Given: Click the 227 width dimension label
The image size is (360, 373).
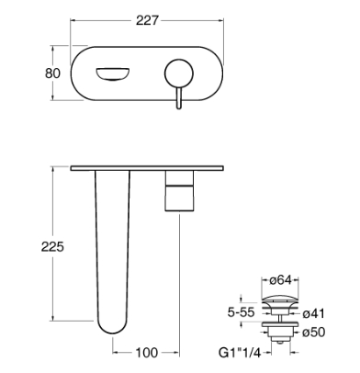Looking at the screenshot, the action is click(147, 20).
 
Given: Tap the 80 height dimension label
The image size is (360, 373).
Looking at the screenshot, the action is click(52, 73).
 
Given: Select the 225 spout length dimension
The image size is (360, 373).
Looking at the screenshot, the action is click(52, 246).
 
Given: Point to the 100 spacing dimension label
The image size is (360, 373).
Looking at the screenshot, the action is click(147, 353).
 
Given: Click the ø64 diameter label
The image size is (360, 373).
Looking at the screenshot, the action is click(280, 280).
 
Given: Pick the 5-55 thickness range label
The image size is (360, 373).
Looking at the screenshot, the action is click(242, 312).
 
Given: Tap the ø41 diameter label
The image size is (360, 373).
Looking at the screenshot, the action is click(313, 313).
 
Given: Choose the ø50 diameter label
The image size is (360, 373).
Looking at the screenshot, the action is click(313, 332).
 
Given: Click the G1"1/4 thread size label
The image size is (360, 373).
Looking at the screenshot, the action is click(240, 353).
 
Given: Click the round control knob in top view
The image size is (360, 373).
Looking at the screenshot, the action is click(179, 73).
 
